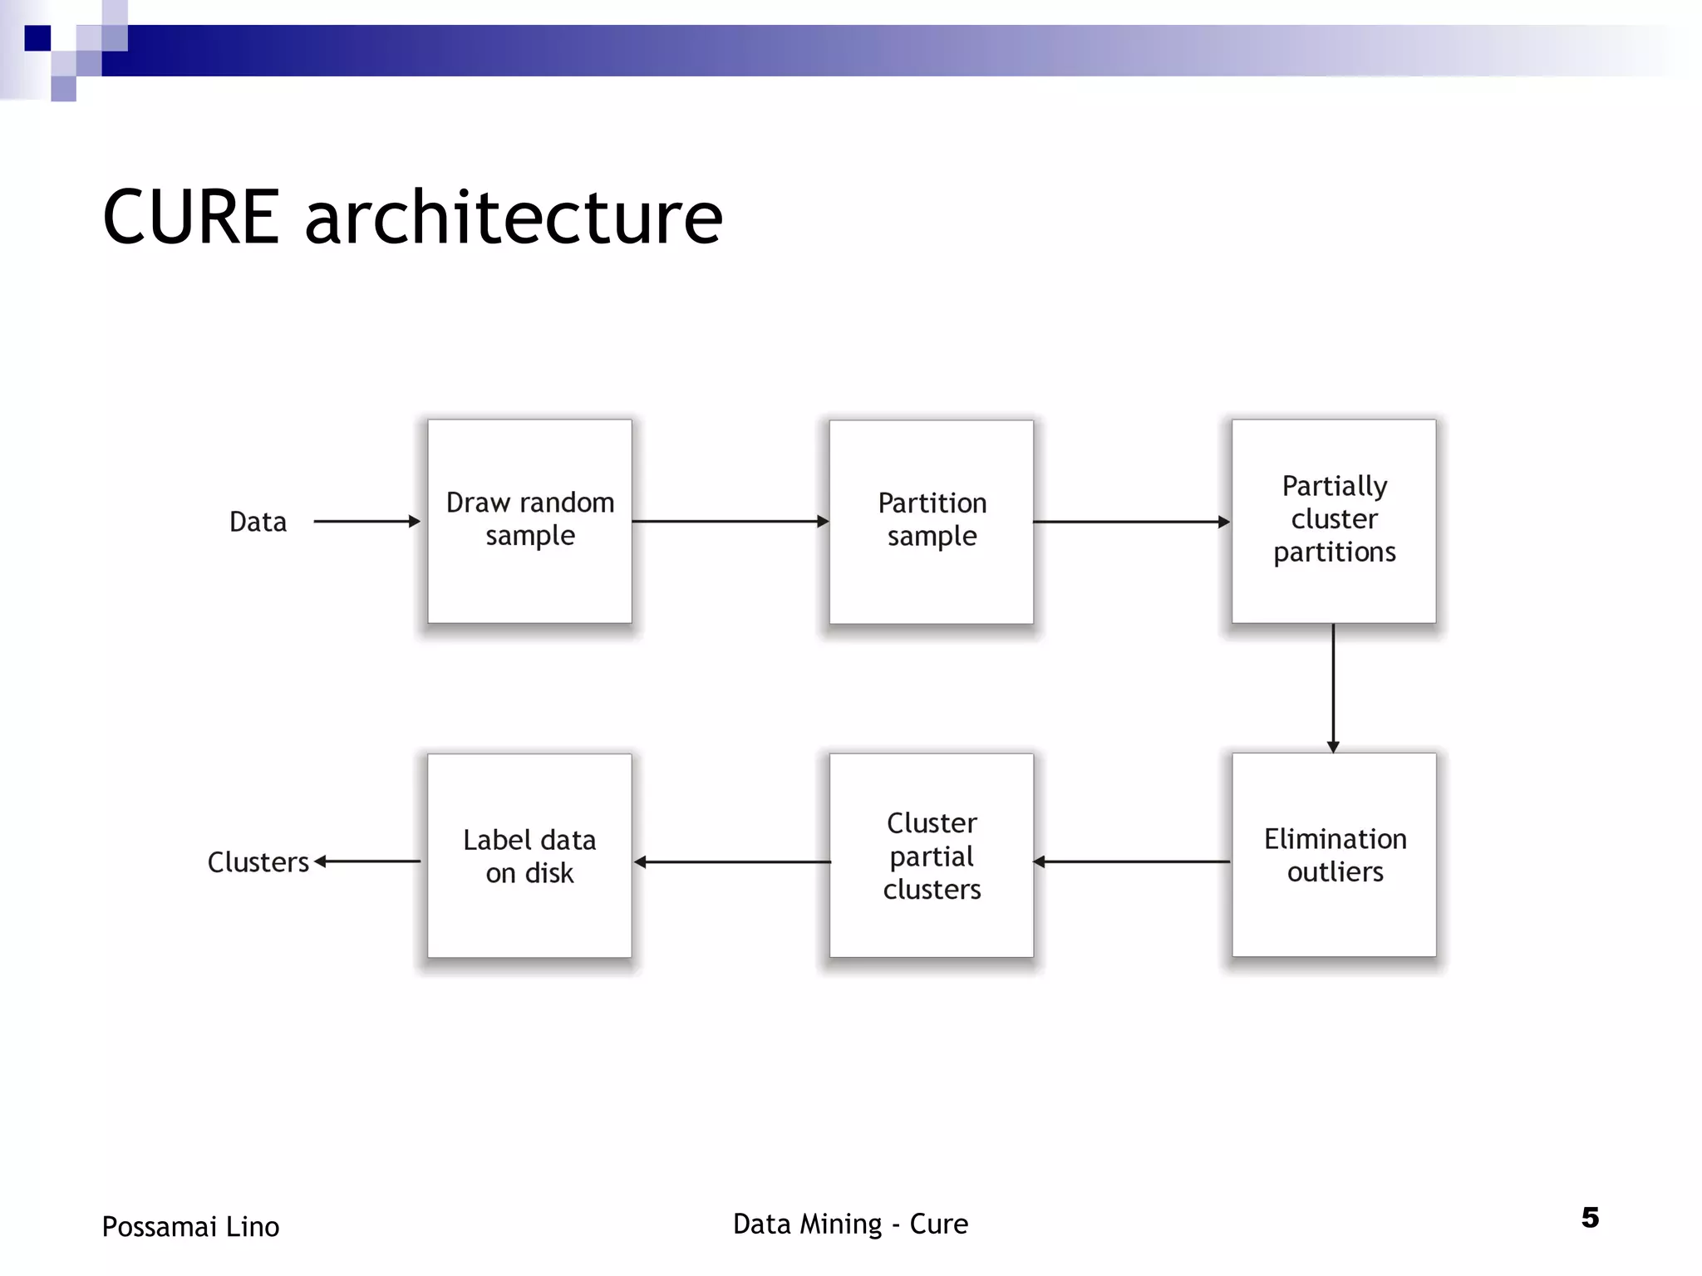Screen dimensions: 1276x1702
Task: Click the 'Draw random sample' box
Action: tap(529, 521)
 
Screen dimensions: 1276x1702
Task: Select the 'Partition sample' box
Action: tap(932, 522)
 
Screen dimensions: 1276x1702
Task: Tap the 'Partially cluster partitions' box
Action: tap(1334, 521)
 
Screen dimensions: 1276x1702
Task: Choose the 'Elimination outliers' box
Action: tap(1334, 855)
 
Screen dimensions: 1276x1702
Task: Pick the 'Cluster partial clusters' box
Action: tap(932, 856)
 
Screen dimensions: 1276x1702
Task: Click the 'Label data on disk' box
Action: tap(529, 856)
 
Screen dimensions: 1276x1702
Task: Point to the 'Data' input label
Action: tap(258, 522)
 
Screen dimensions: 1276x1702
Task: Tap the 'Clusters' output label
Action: tap(258, 862)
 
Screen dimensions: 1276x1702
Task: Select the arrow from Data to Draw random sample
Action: tap(366, 522)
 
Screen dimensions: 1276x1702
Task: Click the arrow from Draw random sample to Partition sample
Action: tap(730, 522)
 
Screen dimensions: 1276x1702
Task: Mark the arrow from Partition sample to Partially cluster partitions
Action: tap(1131, 522)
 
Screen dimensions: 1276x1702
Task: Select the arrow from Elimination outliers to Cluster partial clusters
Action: tap(1131, 861)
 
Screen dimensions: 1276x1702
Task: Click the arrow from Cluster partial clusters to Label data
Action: tap(731, 862)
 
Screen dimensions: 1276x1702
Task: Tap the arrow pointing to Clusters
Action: tap(367, 861)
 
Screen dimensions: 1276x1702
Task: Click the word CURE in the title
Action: tap(191, 217)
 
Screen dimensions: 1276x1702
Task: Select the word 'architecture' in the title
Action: tap(514, 217)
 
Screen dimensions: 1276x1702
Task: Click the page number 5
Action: tap(1590, 1218)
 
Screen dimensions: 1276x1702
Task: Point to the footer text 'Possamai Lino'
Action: tap(190, 1227)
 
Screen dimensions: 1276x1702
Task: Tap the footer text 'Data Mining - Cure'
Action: tap(850, 1224)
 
